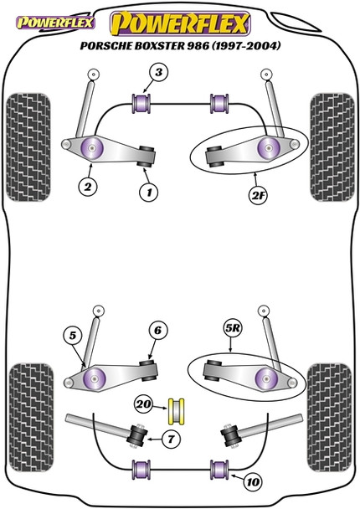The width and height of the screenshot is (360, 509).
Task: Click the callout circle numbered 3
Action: coord(158,73)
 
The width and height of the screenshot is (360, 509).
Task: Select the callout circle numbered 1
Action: coord(149,193)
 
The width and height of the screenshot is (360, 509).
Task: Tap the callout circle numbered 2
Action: coord(88,187)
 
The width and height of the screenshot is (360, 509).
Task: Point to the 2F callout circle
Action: coord(257,195)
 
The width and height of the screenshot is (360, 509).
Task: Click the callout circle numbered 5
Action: coord(73,336)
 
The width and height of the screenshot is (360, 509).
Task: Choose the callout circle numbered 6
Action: coord(158,331)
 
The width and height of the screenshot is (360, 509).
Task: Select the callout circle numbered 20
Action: coord(144,404)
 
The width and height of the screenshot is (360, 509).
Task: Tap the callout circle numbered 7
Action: coord(171,440)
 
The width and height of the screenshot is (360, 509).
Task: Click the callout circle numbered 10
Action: coord(253,482)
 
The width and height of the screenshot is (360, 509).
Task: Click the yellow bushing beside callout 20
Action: coord(177,411)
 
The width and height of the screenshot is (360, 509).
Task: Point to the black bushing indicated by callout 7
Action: coord(137,435)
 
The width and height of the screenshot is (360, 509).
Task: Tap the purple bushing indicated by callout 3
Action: coord(141,104)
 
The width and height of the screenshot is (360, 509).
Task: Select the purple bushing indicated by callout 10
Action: coord(219,470)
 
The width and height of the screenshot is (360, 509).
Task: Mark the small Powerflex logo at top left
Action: coord(55,23)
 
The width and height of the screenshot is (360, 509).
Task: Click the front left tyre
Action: coord(28,147)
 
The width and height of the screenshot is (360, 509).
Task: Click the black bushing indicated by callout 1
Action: coord(146,157)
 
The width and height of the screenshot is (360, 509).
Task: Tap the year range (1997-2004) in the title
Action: coord(246,46)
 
